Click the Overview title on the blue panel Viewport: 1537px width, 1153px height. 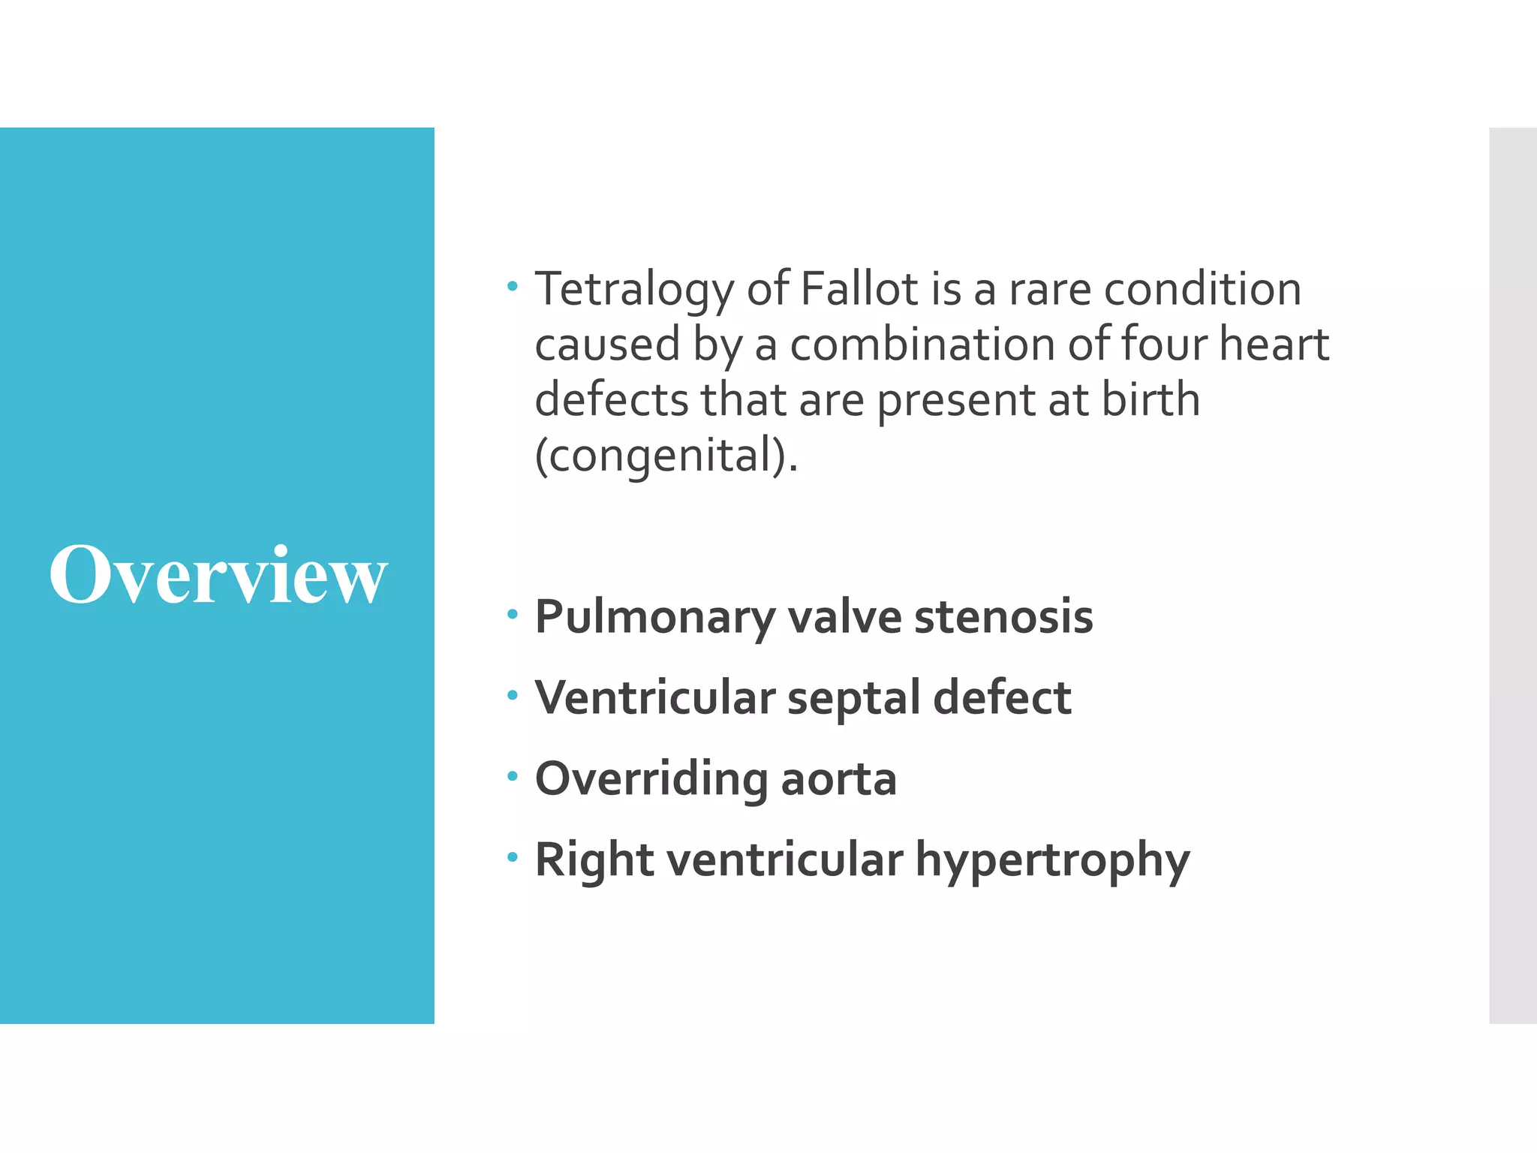(x=218, y=575)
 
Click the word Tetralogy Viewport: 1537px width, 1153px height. (x=633, y=290)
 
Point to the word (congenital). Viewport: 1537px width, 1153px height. (x=666, y=456)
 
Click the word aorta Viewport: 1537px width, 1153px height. (x=838, y=780)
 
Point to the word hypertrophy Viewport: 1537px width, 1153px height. (x=1052, y=861)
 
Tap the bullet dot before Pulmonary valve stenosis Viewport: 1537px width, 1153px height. (x=513, y=615)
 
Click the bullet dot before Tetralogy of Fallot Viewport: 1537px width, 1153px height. (x=513, y=286)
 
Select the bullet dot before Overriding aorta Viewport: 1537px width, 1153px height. (x=513, y=776)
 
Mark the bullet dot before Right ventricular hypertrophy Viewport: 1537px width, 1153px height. (x=513, y=856)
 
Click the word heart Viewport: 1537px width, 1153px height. (x=1274, y=345)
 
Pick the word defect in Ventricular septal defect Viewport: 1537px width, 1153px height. (x=1002, y=698)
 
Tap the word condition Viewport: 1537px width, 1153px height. (x=1202, y=289)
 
